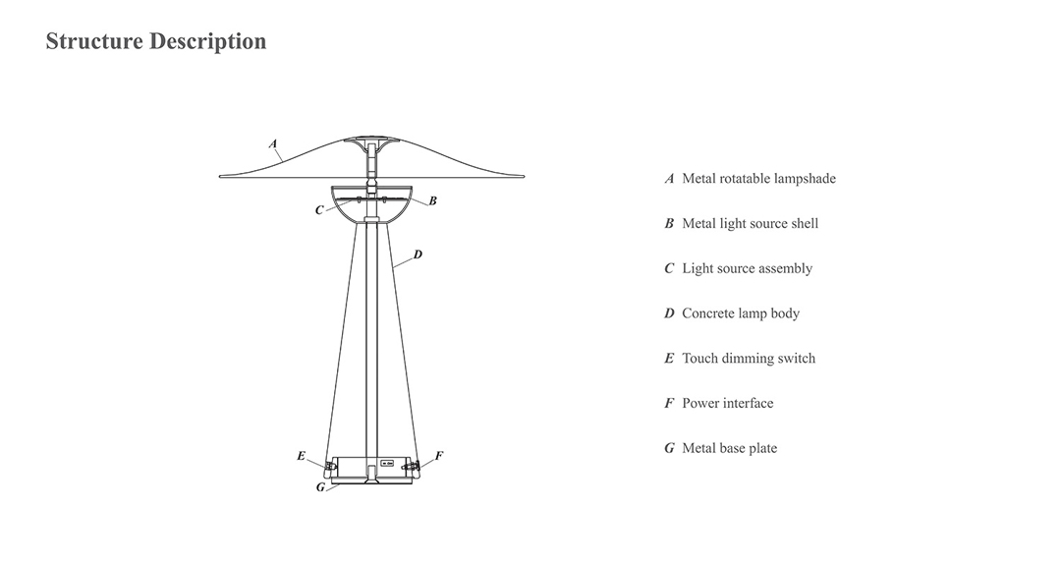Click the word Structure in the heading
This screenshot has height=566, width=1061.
[x=93, y=41]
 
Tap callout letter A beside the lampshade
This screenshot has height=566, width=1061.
[x=273, y=143]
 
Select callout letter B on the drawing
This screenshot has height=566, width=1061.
[x=433, y=200]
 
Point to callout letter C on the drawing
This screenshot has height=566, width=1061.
[x=319, y=210]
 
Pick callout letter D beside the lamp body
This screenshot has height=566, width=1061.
[x=418, y=255]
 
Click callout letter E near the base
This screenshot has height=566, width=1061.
[x=301, y=456]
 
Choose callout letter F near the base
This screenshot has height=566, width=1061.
[x=439, y=456]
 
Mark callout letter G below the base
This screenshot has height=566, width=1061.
[x=320, y=487]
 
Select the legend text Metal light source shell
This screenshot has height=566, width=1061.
[x=750, y=224]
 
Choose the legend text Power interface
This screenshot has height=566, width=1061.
[x=727, y=403]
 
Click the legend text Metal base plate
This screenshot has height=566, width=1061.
[x=729, y=448]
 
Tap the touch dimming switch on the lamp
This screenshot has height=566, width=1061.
[x=330, y=465]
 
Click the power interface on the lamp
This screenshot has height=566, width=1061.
[x=414, y=465]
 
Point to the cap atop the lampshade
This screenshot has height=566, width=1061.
[x=371, y=141]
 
